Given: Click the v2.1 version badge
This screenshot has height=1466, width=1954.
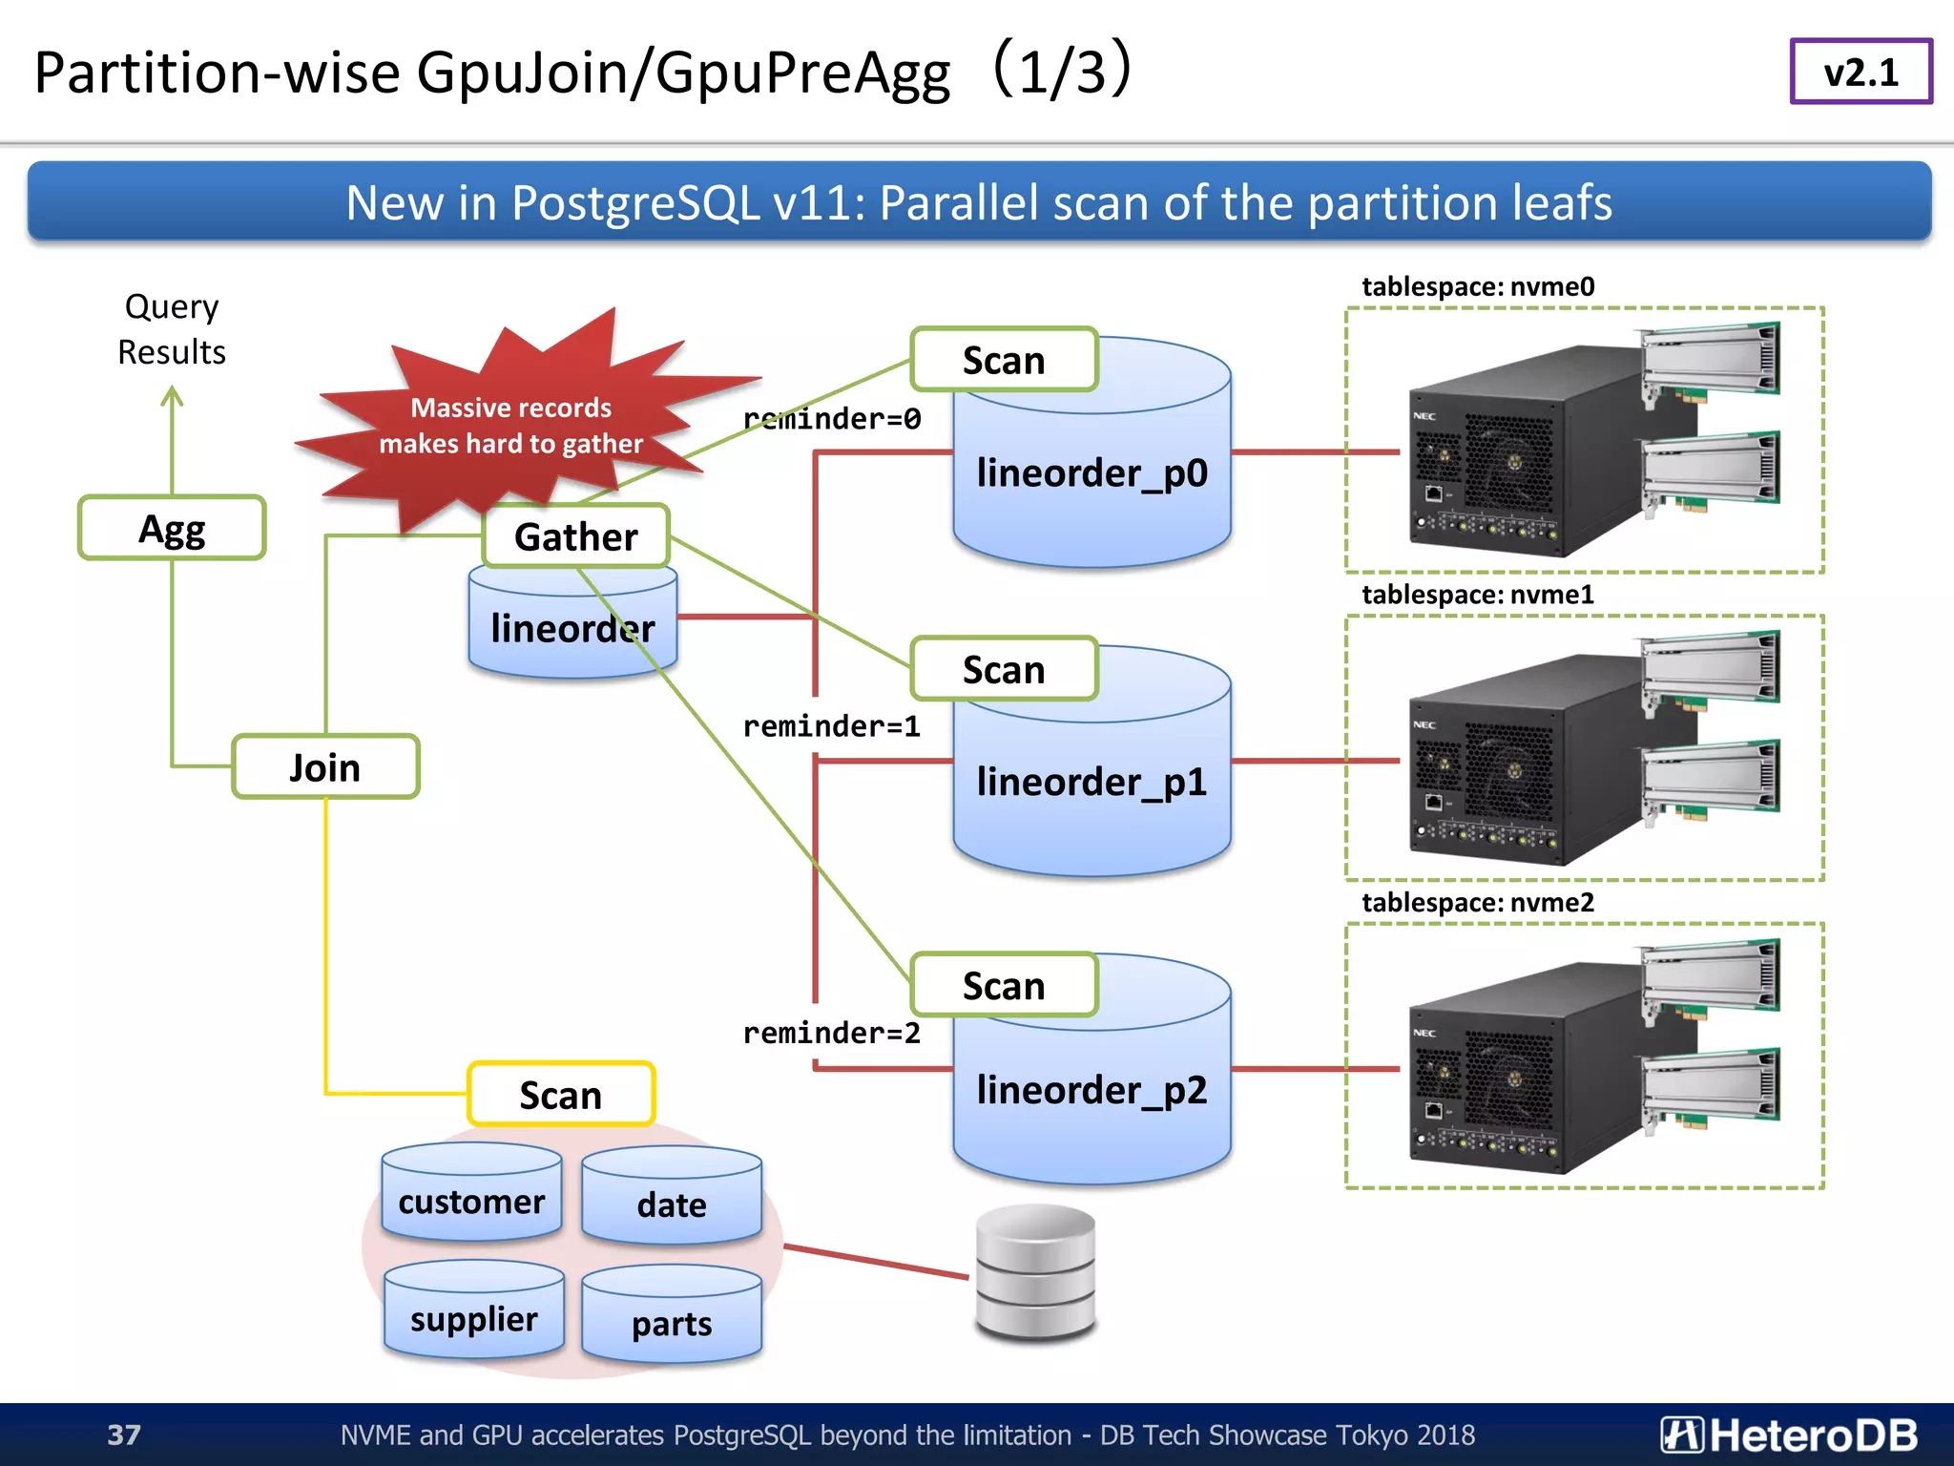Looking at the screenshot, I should click(x=1860, y=72).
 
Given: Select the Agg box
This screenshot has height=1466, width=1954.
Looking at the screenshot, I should click(x=172, y=528).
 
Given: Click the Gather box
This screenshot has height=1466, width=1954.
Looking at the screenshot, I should click(x=575, y=536).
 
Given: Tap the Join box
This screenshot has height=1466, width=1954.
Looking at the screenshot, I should click(x=325, y=767).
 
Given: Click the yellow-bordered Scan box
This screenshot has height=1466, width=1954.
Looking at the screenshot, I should click(x=561, y=1095).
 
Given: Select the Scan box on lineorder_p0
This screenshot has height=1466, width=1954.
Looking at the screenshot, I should click(x=1004, y=361).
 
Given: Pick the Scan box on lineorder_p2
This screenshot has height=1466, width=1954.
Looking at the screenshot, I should click(x=1004, y=985).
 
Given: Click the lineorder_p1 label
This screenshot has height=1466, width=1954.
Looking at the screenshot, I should click(x=1091, y=782).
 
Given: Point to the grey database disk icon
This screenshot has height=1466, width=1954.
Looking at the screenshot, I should click(x=1035, y=1272).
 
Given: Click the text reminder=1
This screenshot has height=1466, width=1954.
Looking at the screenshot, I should click(x=831, y=726).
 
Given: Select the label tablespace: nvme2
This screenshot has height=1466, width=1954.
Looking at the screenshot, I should click(x=1477, y=902).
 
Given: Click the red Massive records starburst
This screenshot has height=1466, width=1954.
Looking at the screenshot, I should click(x=510, y=425).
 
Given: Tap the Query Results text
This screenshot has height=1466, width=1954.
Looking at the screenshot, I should click(x=172, y=329).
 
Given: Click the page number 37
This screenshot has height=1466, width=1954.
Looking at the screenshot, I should click(x=124, y=1435).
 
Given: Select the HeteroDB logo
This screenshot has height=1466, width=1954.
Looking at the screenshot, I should click(x=1788, y=1435).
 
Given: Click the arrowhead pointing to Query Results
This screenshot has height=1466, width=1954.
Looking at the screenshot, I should click(x=172, y=393).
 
